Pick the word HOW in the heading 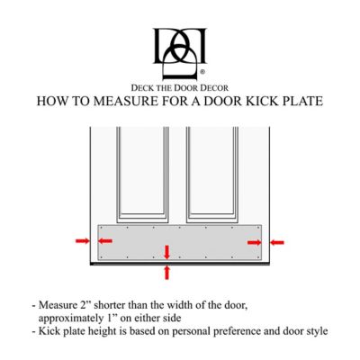[52, 101]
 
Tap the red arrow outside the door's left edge [82, 241]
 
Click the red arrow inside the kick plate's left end [105, 241]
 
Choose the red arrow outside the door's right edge [278, 241]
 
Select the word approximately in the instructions [74, 317]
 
